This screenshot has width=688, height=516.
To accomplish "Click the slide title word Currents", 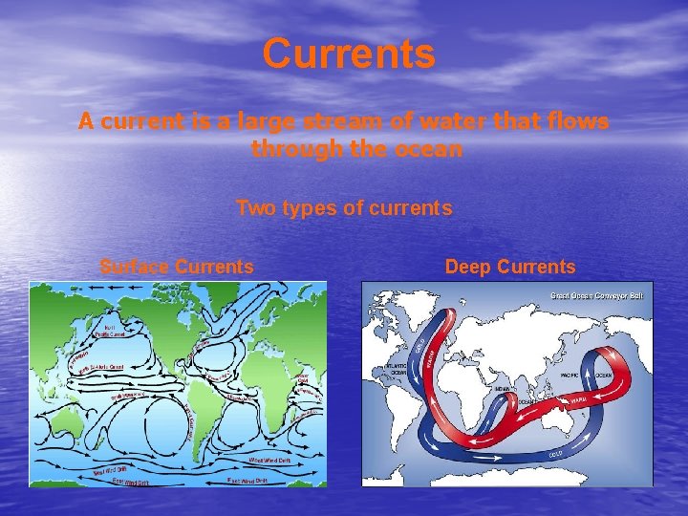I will pyautogui.click(x=349, y=54).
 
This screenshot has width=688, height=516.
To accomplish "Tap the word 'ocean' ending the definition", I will pyautogui.click(x=431, y=149).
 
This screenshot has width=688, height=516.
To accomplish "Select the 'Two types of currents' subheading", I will pyautogui.click(x=344, y=207).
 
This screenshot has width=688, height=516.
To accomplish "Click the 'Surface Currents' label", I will pyautogui.click(x=177, y=267).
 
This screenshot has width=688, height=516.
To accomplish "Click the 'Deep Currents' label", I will pyautogui.click(x=510, y=267).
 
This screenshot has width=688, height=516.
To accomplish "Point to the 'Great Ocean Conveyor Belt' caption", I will pyautogui.click(x=596, y=295).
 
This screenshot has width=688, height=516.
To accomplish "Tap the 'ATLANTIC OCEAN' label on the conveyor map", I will pyautogui.click(x=397, y=368).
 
